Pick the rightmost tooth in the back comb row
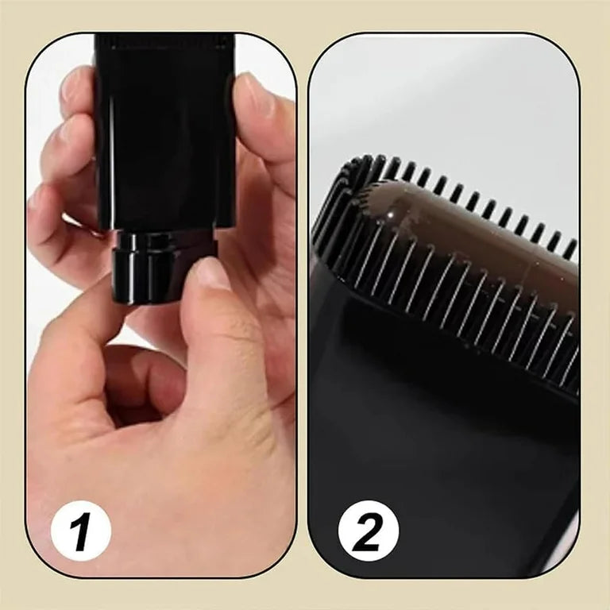coord(569,249)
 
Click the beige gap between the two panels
coord(303,318)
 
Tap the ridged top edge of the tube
coord(164,40)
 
